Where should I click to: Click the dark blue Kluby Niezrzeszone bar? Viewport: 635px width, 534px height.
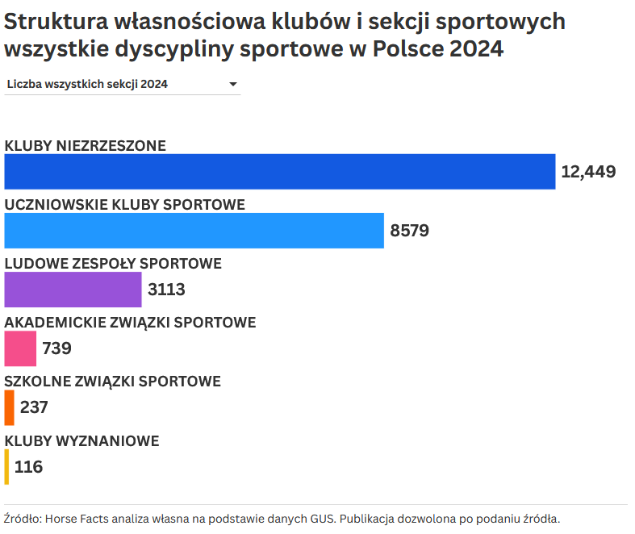pyautogui.click(x=280, y=172)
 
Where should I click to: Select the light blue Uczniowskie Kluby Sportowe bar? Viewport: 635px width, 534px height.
pyautogui.click(x=194, y=231)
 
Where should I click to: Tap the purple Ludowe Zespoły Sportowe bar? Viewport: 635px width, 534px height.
pyautogui.click(x=73, y=290)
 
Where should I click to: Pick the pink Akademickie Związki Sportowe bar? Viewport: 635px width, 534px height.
pyautogui.click(x=20, y=348)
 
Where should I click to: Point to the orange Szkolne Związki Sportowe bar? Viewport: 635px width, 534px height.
pyautogui.click(x=9, y=407)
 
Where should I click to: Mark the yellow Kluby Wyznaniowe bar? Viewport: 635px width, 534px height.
pyautogui.click(x=6, y=466)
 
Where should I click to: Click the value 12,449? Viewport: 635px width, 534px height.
pyautogui.click(x=588, y=172)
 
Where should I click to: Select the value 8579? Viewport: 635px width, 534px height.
pyautogui.click(x=409, y=231)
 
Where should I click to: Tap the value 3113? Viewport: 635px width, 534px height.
pyautogui.click(x=166, y=290)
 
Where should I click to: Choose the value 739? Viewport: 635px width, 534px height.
pyautogui.click(x=56, y=348)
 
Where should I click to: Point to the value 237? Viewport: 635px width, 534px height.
pyautogui.click(x=34, y=407)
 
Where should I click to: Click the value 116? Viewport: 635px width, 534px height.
pyautogui.click(x=28, y=466)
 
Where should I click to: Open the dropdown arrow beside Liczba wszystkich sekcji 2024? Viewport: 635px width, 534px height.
pyautogui.click(x=232, y=84)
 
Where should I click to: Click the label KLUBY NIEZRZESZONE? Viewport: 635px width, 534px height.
pyautogui.click(x=86, y=146)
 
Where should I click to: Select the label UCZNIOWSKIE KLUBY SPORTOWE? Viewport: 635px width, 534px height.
pyautogui.click(x=125, y=205)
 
